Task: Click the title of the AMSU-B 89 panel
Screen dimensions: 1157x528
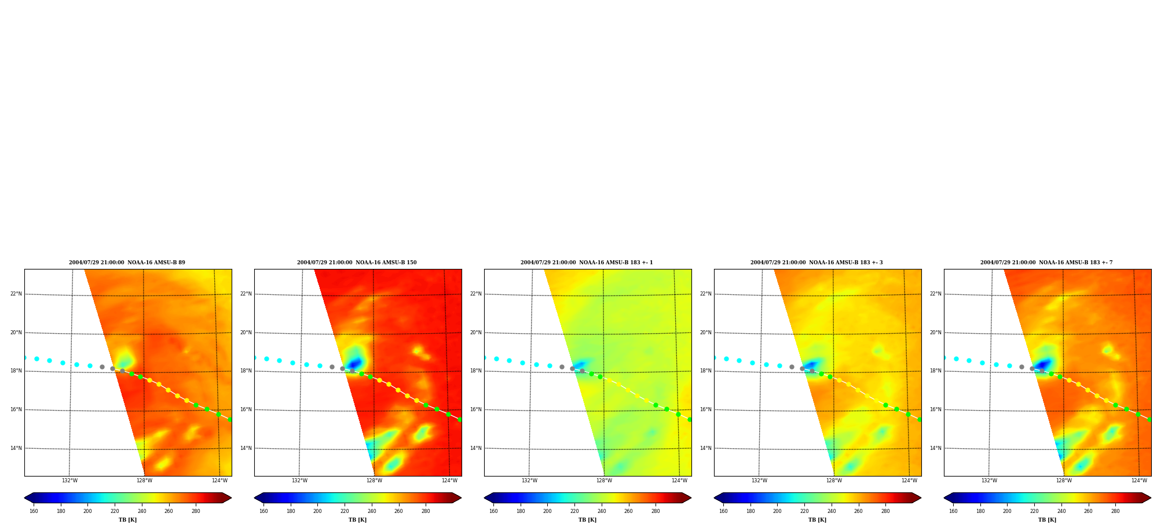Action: point(127,263)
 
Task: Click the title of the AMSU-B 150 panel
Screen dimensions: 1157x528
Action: point(357,263)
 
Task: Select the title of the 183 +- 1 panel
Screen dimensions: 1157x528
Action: point(587,263)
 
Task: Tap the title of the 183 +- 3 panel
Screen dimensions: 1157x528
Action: point(817,263)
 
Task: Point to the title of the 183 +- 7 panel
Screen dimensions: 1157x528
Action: point(1046,263)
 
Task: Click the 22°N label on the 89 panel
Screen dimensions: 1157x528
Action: point(16,294)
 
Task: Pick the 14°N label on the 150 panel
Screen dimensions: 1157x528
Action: point(246,448)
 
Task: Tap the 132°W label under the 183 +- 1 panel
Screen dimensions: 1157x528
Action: point(529,481)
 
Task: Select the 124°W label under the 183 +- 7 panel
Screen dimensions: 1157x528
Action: point(1139,481)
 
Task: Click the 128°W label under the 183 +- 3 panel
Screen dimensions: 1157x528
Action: point(834,481)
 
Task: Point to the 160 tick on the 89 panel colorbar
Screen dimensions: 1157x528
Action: point(34,511)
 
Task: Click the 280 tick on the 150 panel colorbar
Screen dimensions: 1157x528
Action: point(426,511)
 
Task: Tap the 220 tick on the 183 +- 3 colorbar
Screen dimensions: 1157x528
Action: point(804,511)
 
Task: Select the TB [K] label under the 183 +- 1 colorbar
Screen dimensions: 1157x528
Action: point(587,520)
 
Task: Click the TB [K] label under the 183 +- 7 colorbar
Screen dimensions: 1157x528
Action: point(1047,520)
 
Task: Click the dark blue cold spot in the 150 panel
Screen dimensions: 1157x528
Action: point(354,363)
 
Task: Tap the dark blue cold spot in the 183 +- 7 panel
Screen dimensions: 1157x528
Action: point(1043,364)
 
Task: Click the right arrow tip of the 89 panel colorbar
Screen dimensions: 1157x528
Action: point(231,498)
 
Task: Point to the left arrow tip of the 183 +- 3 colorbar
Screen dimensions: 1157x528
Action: point(715,498)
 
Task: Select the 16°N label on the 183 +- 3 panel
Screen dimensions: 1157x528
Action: point(706,409)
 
